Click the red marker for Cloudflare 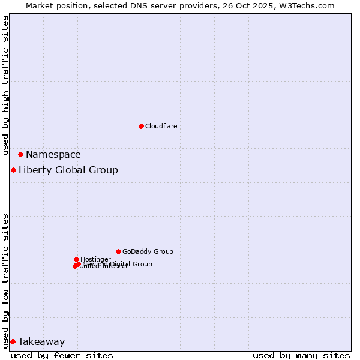click(141, 126)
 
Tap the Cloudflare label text click(161, 126)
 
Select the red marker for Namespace click(20, 154)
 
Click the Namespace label click(53, 155)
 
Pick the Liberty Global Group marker click(13, 170)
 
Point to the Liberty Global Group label click(68, 170)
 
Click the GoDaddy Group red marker click(118, 251)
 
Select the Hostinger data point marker click(76, 259)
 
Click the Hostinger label click(95, 259)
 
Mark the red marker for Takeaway click(13, 341)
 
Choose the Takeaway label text click(41, 342)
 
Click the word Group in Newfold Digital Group click(142, 264)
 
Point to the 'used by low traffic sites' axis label click(6, 281)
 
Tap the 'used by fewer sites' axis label click(62, 356)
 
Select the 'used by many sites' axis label click(301, 356)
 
